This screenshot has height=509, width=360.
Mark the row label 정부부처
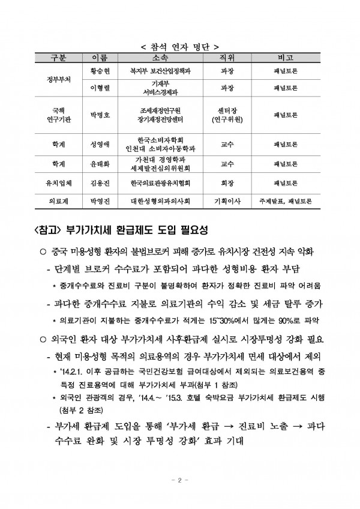coord(59,79)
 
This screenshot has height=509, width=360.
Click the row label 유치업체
coord(59,181)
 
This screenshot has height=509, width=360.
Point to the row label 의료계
coord(59,199)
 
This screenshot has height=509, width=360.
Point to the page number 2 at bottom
coord(179,481)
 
